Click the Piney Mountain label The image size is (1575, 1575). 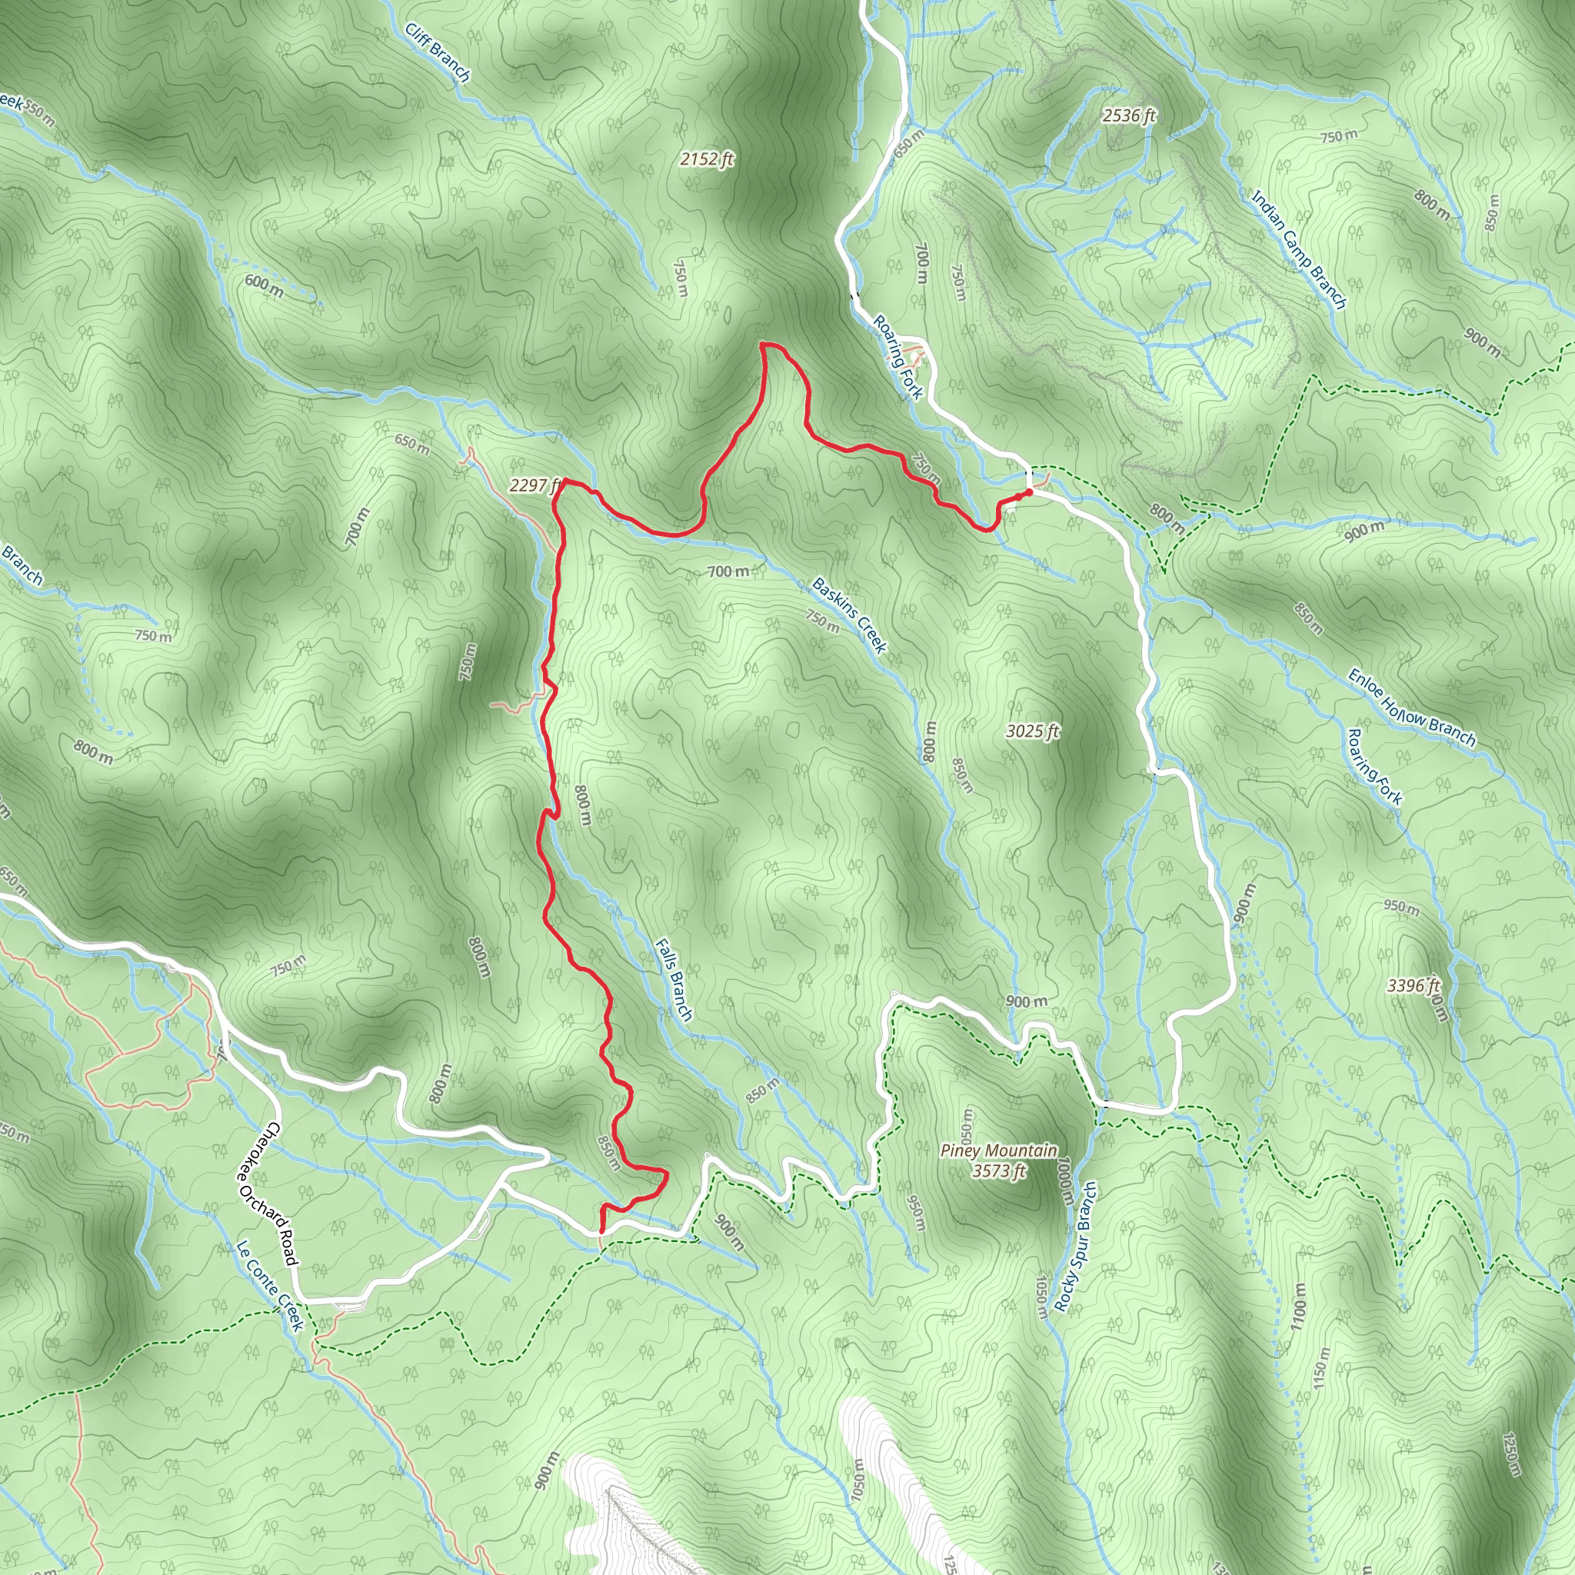click(999, 1150)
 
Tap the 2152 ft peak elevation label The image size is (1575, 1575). click(707, 159)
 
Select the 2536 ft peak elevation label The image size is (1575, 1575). click(1129, 116)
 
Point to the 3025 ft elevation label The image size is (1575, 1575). click(1032, 731)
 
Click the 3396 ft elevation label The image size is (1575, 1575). click(1414, 986)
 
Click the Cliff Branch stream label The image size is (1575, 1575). click(438, 52)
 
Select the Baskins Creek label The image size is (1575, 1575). click(850, 615)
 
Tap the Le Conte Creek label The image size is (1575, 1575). click(270, 1285)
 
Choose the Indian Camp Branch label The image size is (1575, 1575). click(1299, 249)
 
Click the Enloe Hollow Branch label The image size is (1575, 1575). click(1411, 708)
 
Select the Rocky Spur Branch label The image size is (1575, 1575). click(1075, 1247)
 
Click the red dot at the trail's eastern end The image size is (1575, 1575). click(1029, 492)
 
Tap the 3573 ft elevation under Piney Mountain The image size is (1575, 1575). click(999, 1171)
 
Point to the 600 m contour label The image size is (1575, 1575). click(264, 285)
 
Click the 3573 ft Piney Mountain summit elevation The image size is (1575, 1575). click(999, 1171)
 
